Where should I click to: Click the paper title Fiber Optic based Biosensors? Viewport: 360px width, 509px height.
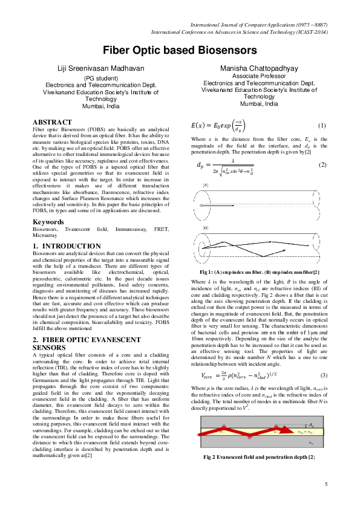(180, 50)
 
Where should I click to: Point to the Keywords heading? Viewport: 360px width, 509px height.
(48, 206)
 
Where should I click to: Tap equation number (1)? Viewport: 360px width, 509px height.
(322, 126)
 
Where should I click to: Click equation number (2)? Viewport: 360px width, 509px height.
(322, 165)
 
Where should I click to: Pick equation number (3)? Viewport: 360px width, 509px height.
(323, 375)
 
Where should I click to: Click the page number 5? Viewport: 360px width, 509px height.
(326, 485)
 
